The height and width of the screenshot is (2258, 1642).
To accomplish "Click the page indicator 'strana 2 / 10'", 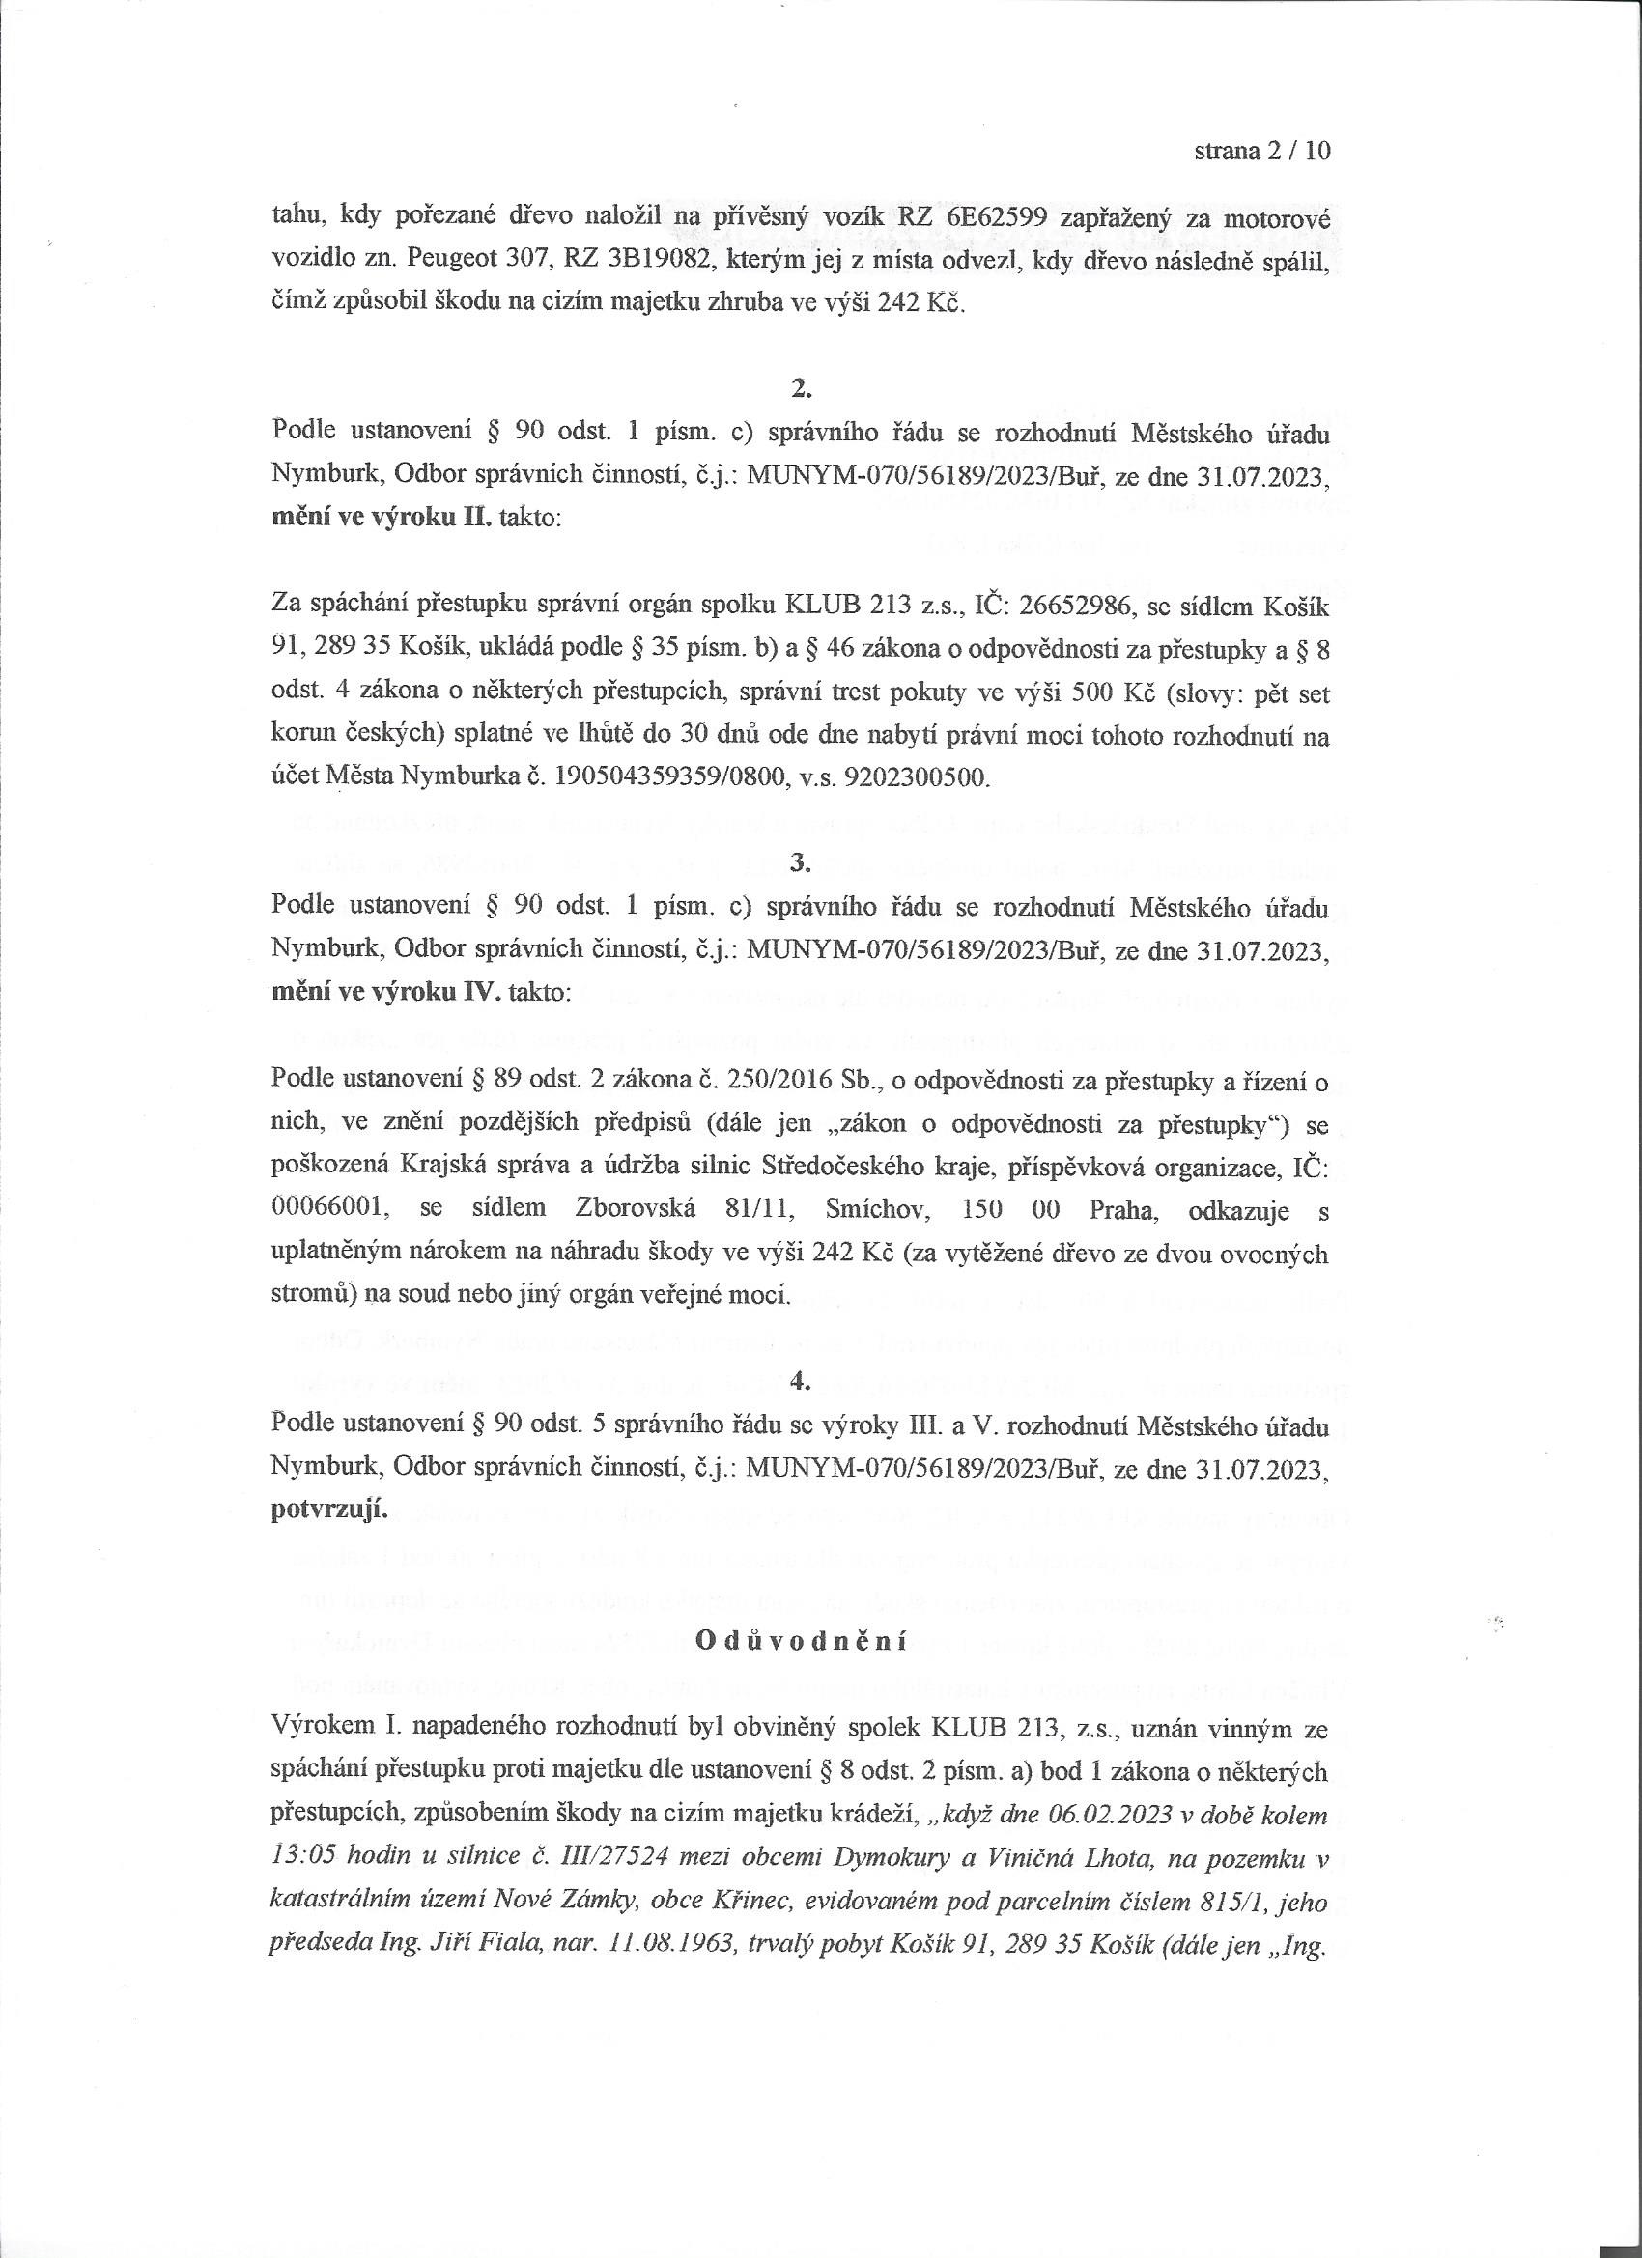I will (x=1260, y=153).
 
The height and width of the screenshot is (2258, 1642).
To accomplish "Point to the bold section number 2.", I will (x=800, y=390).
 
